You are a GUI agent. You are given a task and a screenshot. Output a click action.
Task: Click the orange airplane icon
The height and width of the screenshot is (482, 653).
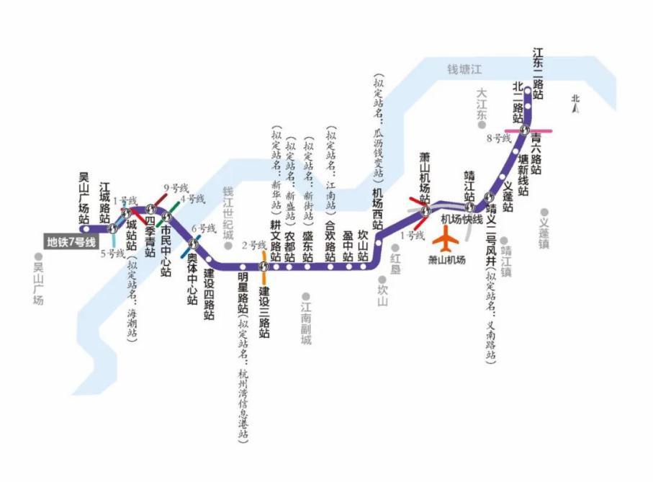pos(449,236)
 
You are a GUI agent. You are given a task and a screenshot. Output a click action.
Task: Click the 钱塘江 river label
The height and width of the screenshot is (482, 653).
pos(464,69)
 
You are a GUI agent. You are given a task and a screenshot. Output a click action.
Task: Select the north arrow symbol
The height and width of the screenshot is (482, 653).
pos(575,105)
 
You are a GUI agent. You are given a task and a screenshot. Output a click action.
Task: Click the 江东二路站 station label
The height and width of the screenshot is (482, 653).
pos(537,73)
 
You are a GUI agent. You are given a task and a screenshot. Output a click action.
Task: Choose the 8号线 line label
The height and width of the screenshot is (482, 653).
pos(498,137)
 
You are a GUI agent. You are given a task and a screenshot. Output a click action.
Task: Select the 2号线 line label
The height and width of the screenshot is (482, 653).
pos(253,245)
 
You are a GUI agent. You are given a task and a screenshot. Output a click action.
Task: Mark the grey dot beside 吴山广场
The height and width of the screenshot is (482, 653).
pos(37,256)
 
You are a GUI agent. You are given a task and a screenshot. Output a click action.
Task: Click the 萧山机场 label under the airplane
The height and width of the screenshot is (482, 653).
pos(447,260)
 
